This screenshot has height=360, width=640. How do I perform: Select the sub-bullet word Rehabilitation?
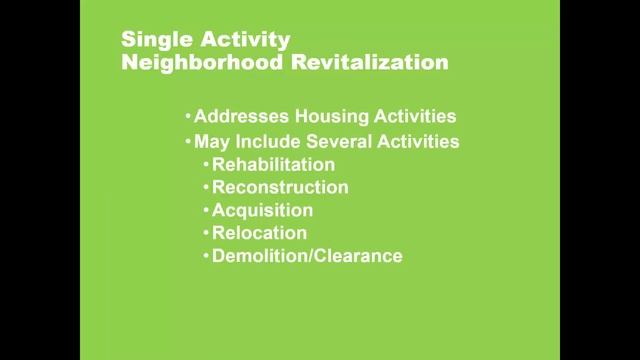click(x=273, y=164)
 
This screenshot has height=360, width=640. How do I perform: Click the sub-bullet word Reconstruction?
click(x=280, y=187)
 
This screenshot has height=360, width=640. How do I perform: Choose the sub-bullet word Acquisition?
click(x=262, y=210)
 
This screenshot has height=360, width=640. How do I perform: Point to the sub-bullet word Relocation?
click(x=259, y=233)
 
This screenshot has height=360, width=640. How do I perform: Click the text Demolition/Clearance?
click(x=307, y=256)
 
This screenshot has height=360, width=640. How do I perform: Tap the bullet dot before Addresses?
click(x=188, y=116)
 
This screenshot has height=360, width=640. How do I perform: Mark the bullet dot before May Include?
click(x=188, y=141)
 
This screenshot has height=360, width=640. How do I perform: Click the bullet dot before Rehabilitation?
click(x=206, y=164)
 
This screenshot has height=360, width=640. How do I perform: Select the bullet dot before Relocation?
click(x=206, y=233)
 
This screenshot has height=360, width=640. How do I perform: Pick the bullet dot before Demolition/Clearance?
click(x=206, y=256)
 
